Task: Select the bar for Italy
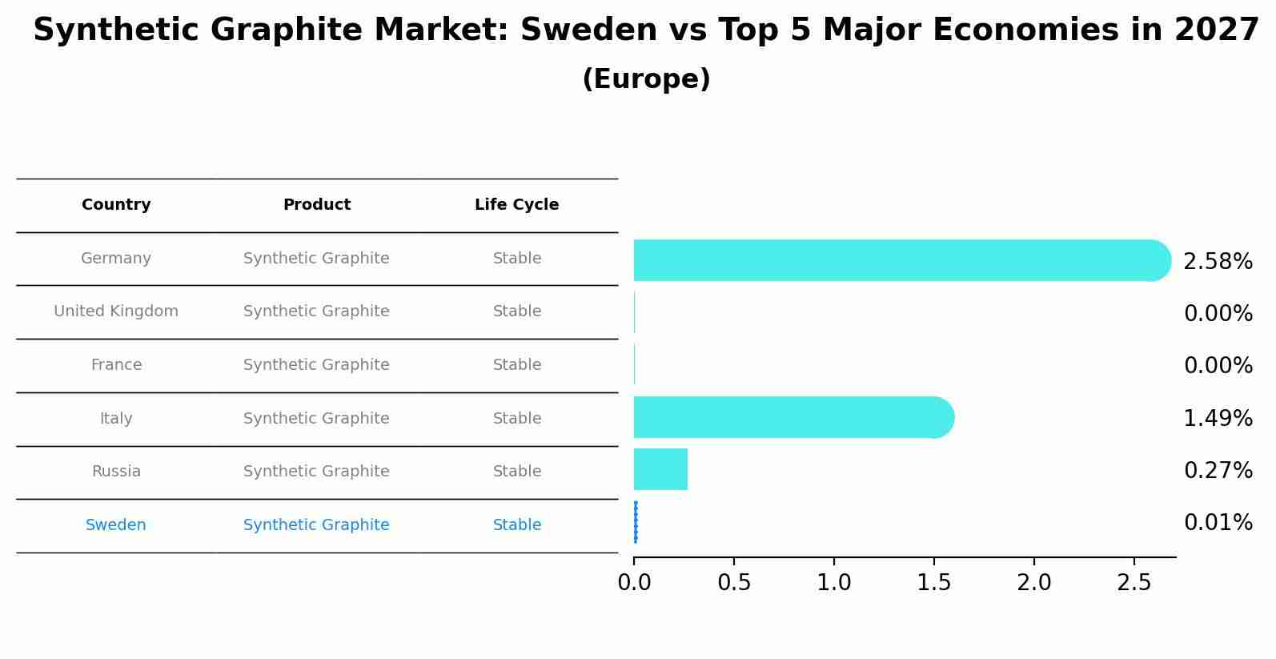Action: click(x=792, y=417)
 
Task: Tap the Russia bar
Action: click(x=660, y=469)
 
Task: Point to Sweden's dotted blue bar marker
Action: click(x=636, y=522)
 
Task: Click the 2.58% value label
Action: click(x=1218, y=262)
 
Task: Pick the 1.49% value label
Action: click(x=1218, y=419)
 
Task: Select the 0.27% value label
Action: click(x=1218, y=471)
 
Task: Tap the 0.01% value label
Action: click(x=1218, y=523)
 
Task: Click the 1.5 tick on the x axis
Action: click(x=933, y=583)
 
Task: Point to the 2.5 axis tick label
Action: click(x=1134, y=583)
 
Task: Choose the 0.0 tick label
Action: click(x=634, y=583)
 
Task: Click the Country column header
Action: click(x=116, y=205)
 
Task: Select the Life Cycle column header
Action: click(x=516, y=205)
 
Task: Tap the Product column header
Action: click(x=316, y=205)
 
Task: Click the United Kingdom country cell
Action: click(x=116, y=311)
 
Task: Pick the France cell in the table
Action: click(x=116, y=365)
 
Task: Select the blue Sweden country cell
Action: click(x=116, y=525)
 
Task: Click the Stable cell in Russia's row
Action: click(x=516, y=472)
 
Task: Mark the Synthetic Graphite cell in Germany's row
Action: click(x=316, y=259)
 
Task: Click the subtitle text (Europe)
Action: click(x=646, y=79)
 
